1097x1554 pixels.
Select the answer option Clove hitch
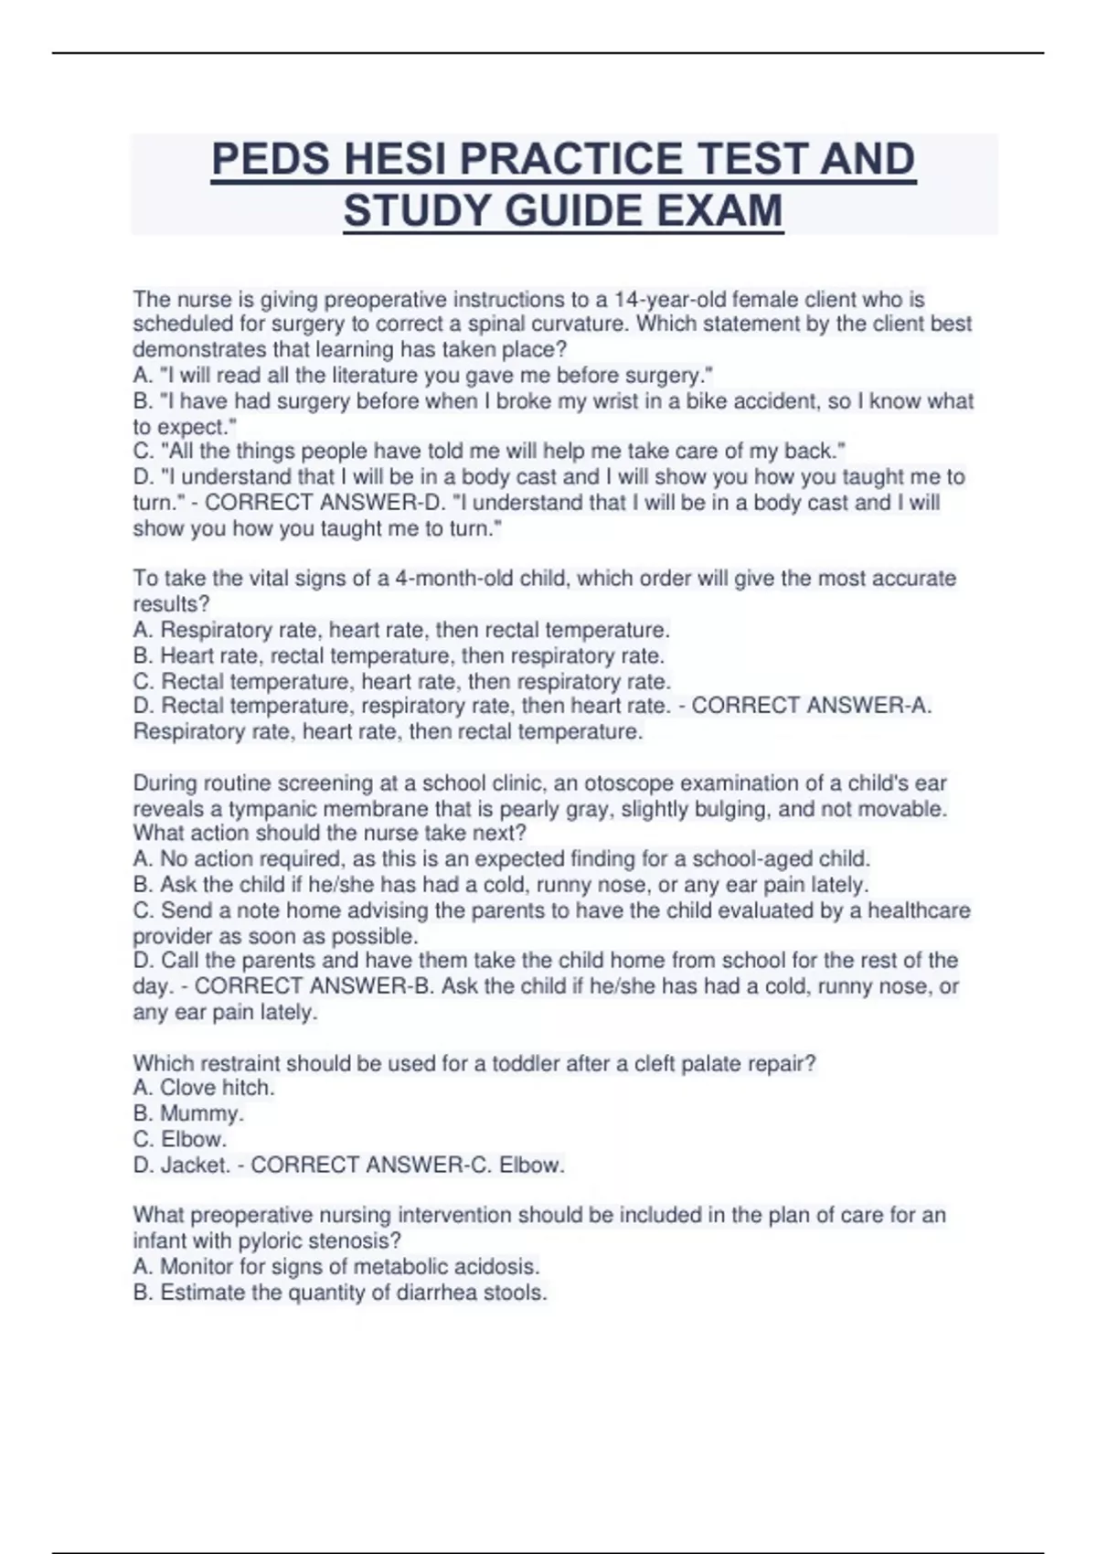(x=217, y=1088)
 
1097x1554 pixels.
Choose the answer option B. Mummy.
(x=188, y=1113)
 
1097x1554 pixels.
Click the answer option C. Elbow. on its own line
(x=180, y=1139)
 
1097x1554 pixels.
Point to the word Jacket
(x=195, y=1165)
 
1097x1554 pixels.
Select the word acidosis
(x=498, y=1267)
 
